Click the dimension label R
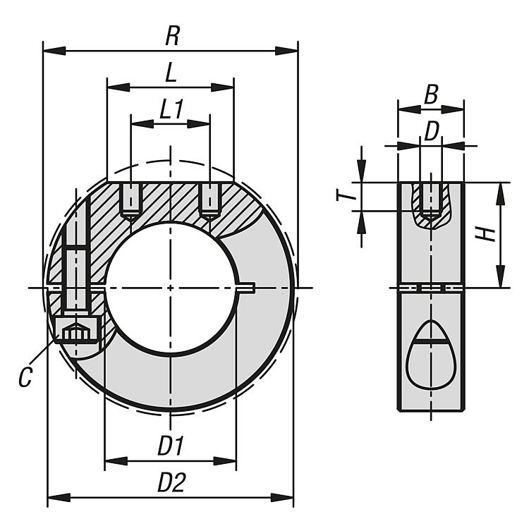[171, 36]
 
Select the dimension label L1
[171, 109]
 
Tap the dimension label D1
[170, 446]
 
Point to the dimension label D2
[171, 483]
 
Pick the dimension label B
[431, 94]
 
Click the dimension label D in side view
[431, 130]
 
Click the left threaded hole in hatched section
[130, 200]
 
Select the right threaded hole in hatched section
[209, 200]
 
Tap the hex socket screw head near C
[75, 329]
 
